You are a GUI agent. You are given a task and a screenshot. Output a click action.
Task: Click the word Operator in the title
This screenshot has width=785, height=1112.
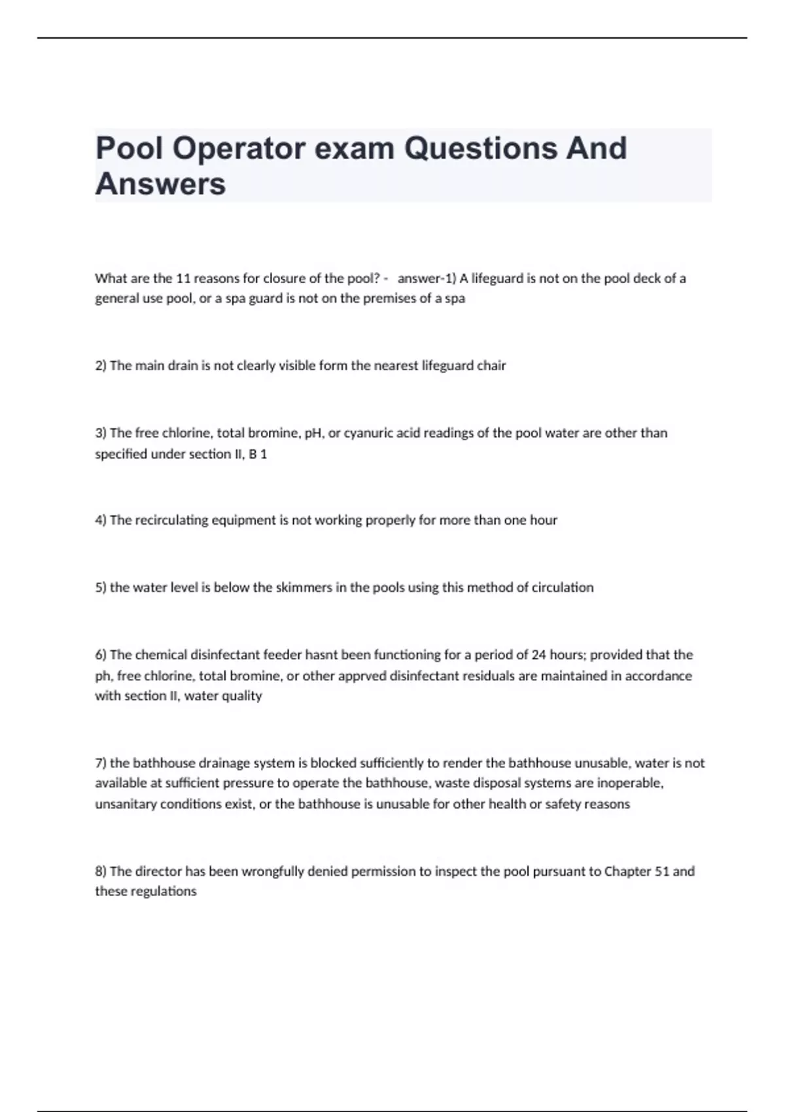(239, 149)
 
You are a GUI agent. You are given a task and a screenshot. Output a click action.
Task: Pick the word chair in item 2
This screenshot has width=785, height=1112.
(491, 366)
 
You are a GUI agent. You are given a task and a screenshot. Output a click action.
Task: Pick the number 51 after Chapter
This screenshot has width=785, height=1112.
(661, 871)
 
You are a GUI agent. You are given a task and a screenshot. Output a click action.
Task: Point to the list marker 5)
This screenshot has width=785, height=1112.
(101, 587)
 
